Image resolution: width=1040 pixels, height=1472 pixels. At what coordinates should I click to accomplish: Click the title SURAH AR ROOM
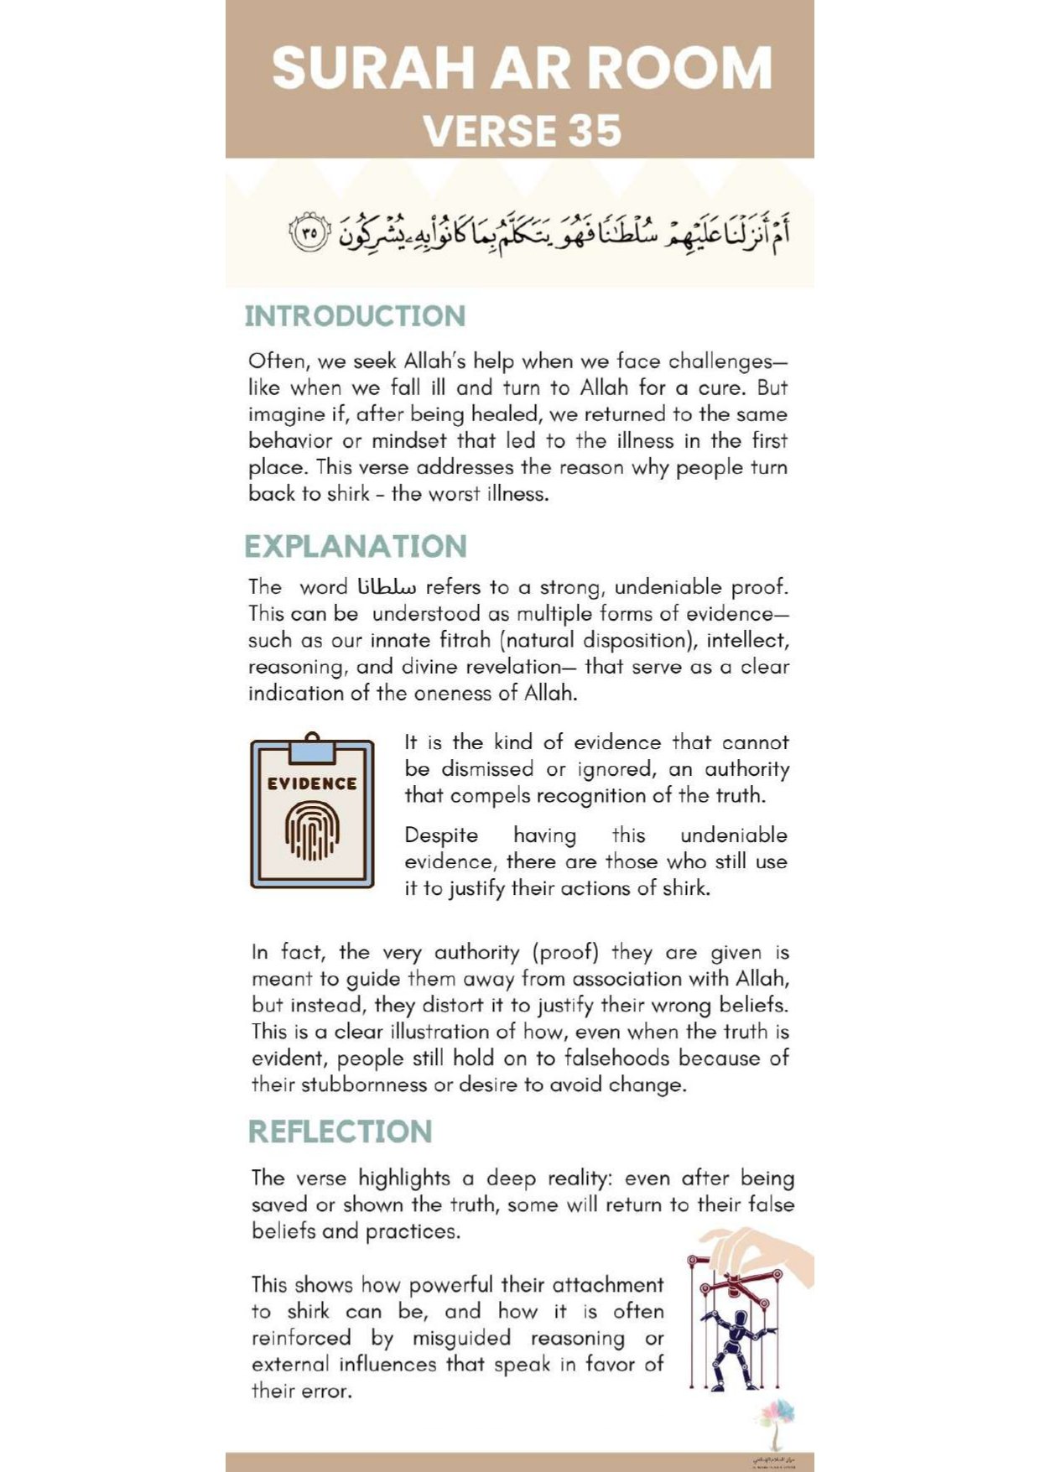tap(521, 68)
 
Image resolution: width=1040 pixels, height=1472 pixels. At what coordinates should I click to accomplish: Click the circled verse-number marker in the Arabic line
tap(309, 232)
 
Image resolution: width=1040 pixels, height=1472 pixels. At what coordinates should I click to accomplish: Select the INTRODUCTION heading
tap(355, 316)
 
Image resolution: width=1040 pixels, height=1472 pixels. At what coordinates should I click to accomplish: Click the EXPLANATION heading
tap(356, 546)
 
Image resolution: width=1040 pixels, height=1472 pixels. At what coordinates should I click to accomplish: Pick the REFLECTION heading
tap(340, 1131)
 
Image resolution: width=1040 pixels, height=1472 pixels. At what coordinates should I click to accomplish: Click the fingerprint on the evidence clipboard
tap(313, 830)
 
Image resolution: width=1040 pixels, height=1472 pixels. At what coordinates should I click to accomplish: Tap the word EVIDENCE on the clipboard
tap(312, 783)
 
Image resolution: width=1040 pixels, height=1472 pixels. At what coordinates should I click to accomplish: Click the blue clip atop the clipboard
tap(312, 748)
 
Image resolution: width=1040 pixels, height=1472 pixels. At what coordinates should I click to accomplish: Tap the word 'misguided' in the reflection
tap(461, 1339)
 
